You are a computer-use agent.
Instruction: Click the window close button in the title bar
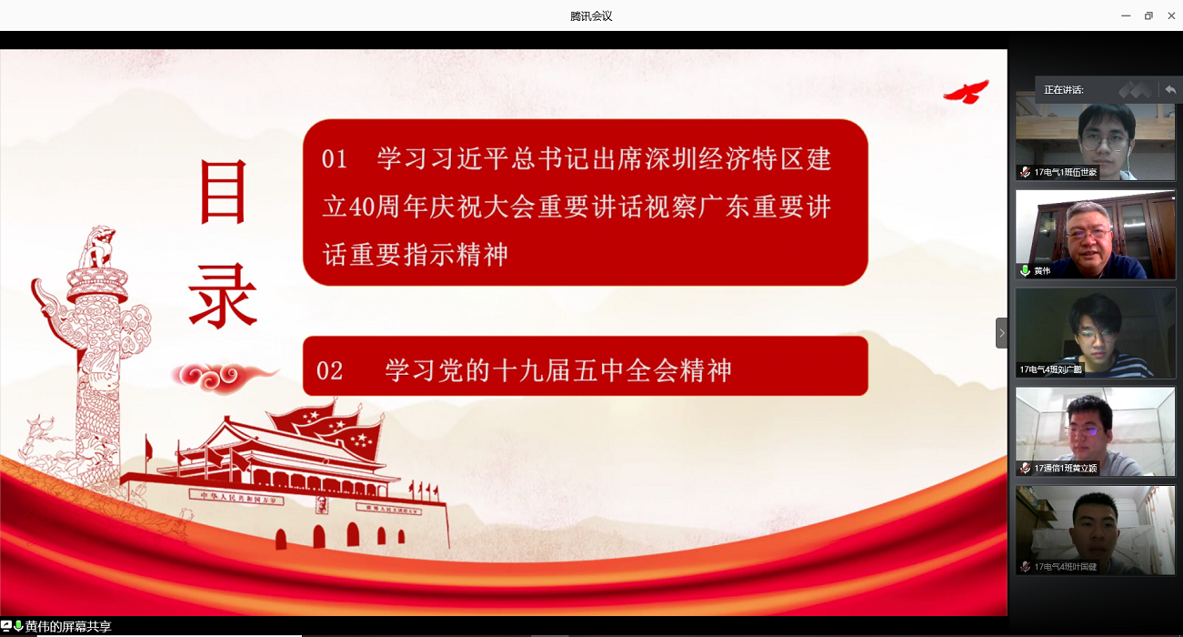1171,15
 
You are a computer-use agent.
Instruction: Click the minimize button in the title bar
1126,15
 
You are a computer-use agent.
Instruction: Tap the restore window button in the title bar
1148,15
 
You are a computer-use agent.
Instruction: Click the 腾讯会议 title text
591,16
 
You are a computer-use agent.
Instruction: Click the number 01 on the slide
335,160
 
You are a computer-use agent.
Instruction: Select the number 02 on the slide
330,370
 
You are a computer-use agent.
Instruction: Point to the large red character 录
223,296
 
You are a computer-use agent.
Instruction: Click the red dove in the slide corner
966,91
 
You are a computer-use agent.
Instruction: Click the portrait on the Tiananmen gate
321,505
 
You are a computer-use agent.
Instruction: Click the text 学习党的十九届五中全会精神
558,370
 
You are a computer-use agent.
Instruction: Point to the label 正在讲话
1063,90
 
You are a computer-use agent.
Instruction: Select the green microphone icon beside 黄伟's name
1025,270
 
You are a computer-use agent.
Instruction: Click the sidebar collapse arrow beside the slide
1001,333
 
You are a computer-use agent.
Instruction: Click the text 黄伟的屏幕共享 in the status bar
68,627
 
